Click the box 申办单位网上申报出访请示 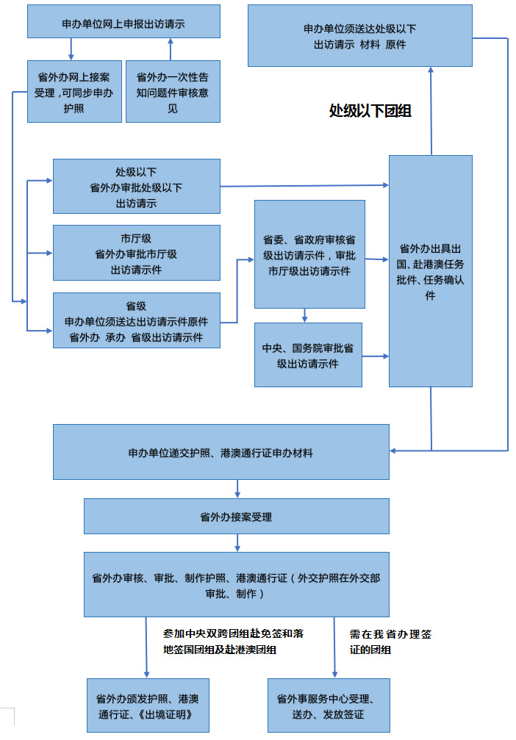point(123,22)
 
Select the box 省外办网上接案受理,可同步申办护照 point(74,91)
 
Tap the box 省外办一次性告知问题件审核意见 point(173,91)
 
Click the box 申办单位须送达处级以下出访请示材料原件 point(359,36)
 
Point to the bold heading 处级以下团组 point(370,111)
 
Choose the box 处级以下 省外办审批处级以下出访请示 point(136,187)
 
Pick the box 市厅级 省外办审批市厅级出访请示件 point(136,253)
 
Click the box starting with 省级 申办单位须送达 point(136,320)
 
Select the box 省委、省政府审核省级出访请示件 point(309,254)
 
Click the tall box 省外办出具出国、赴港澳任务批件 point(430,270)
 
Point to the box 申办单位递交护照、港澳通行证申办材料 point(221,452)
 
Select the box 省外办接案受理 point(236,517)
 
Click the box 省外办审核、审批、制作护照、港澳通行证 point(236,584)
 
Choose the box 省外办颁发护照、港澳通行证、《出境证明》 point(148,705)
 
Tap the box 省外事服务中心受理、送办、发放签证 point(329,705)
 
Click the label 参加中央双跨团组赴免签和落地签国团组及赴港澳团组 point(233,641)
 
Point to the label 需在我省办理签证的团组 point(390,641)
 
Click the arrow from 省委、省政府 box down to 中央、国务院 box point(304,316)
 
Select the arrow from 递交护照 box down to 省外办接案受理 point(237,489)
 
